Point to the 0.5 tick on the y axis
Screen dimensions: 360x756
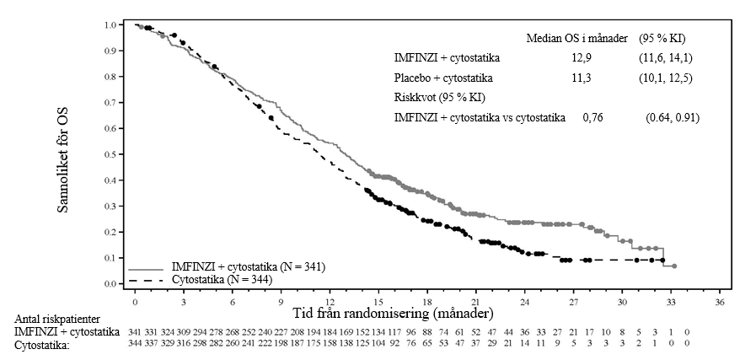pyautogui.click(x=124, y=154)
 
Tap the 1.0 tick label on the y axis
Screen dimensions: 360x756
pyautogui.click(x=111, y=24)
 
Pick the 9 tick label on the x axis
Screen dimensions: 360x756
pyautogui.click(x=281, y=301)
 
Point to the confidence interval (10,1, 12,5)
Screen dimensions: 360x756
pyautogui.click(x=667, y=78)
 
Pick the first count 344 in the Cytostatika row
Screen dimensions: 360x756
pyautogui.click(x=135, y=343)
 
